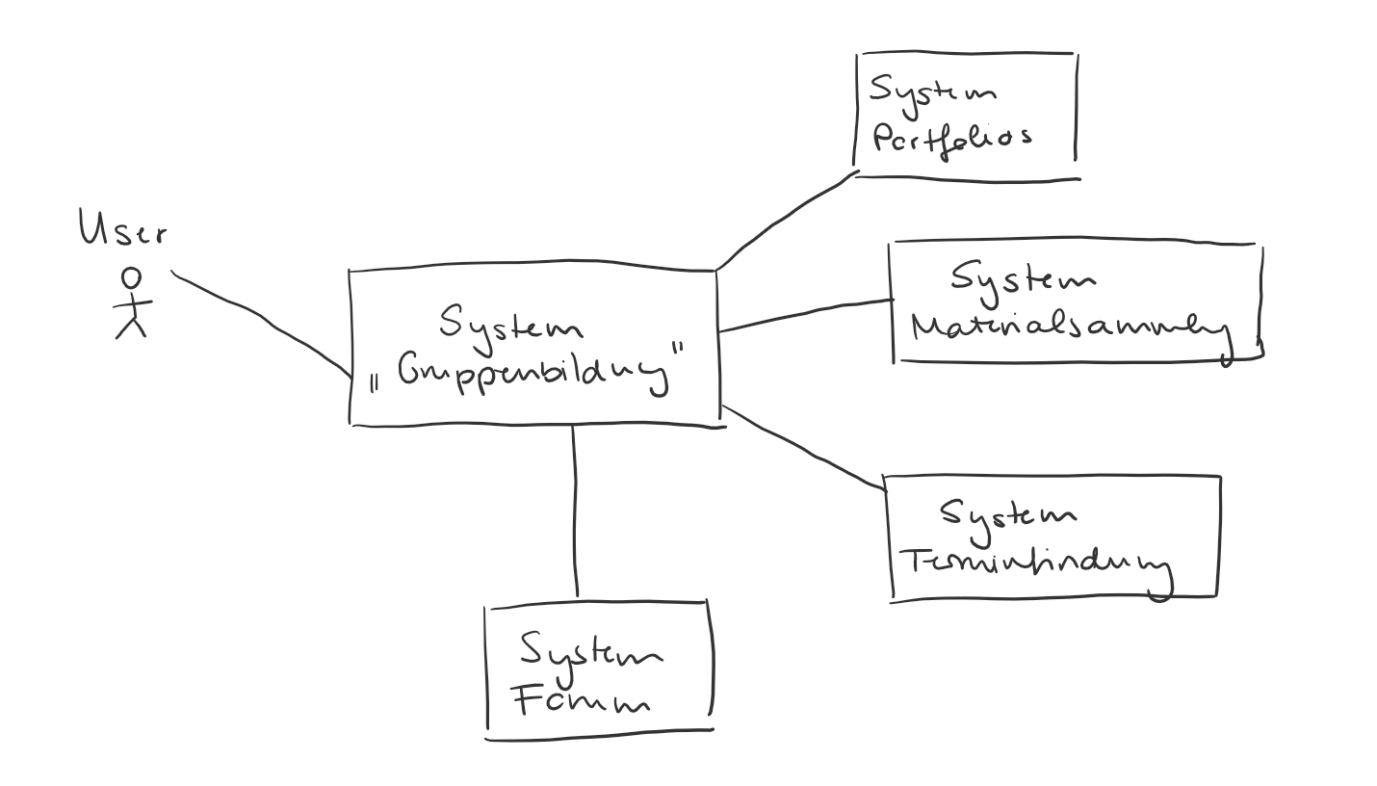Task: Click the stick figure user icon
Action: (133, 304)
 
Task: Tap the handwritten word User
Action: (122, 231)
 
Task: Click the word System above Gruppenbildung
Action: (511, 324)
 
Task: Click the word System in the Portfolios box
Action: (932, 91)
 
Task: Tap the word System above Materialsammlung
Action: (1023, 279)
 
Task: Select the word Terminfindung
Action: (1035, 563)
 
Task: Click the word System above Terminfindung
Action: (1008, 514)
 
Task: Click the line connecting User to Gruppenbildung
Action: (262, 319)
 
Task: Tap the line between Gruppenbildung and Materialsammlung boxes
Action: (805, 315)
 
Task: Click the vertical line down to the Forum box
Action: (575, 511)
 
